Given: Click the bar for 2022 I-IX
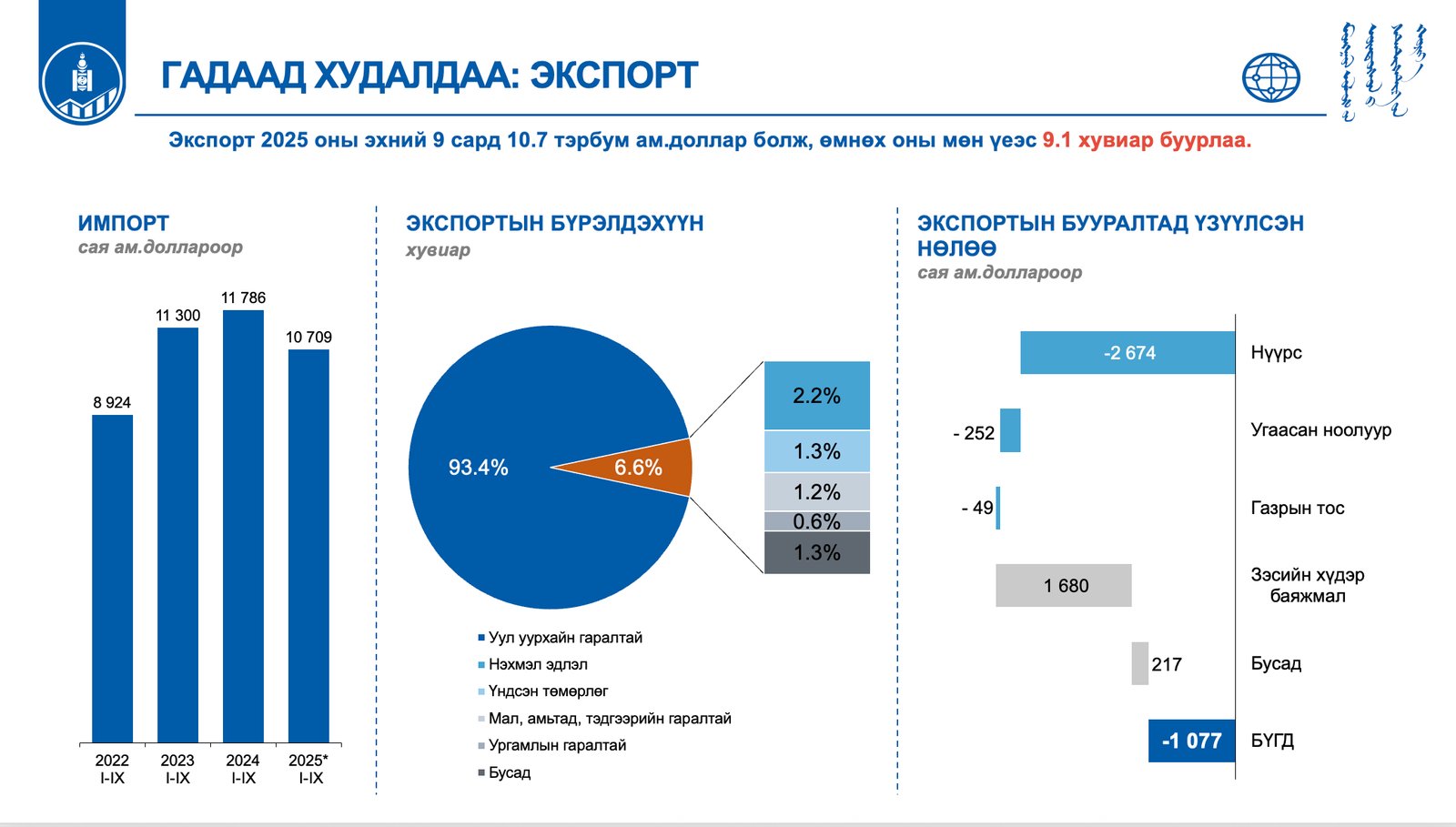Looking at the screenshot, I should pyautogui.click(x=112, y=579).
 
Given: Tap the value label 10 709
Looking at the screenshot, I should pyautogui.click(x=308, y=338).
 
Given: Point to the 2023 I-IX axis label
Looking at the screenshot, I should pyautogui.click(x=177, y=769).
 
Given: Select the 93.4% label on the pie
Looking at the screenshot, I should pyautogui.click(x=478, y=468).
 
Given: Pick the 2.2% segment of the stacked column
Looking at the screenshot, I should pyautogui.click(x=816, y=396).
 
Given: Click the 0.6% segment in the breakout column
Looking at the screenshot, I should pyautogui.click(x=816, y=521).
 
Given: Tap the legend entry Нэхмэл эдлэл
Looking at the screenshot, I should pyautogui.click(x=537, y=665).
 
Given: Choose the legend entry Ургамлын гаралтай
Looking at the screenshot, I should pyautogui.click(x=556, y=746).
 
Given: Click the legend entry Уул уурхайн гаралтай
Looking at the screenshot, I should pyautogui.click(x=564, y=638).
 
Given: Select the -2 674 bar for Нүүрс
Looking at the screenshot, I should pyautogui.click(x=1127, y=353).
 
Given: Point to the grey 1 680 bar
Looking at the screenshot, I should pyautogui.click(x=1064, y=586).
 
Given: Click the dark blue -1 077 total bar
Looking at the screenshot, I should pyautogui.click(x=1191, y=741).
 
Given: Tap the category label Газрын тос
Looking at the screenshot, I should pyautogui.click(x=1297, y=509).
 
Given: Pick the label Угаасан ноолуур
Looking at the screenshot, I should pyautogui.click(x=1320, y=430).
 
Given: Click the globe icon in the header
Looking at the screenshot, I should pyautogui.click(x=1271, y=77).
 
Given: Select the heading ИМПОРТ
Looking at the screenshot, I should pyautogui.click(x=124, y=224).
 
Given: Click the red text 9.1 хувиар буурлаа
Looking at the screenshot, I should pyautogui.click(x=1146, y=141).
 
